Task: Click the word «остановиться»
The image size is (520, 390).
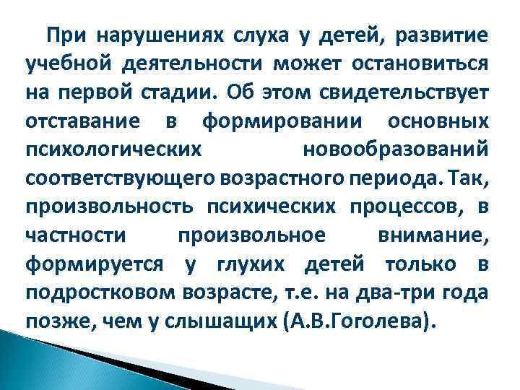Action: (420, 64)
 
